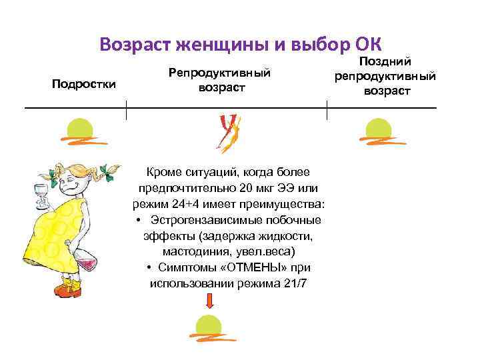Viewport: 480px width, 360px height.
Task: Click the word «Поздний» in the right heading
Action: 387,61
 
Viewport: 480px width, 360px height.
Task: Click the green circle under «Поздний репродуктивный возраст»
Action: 378,129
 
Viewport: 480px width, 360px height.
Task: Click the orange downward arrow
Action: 209,301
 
